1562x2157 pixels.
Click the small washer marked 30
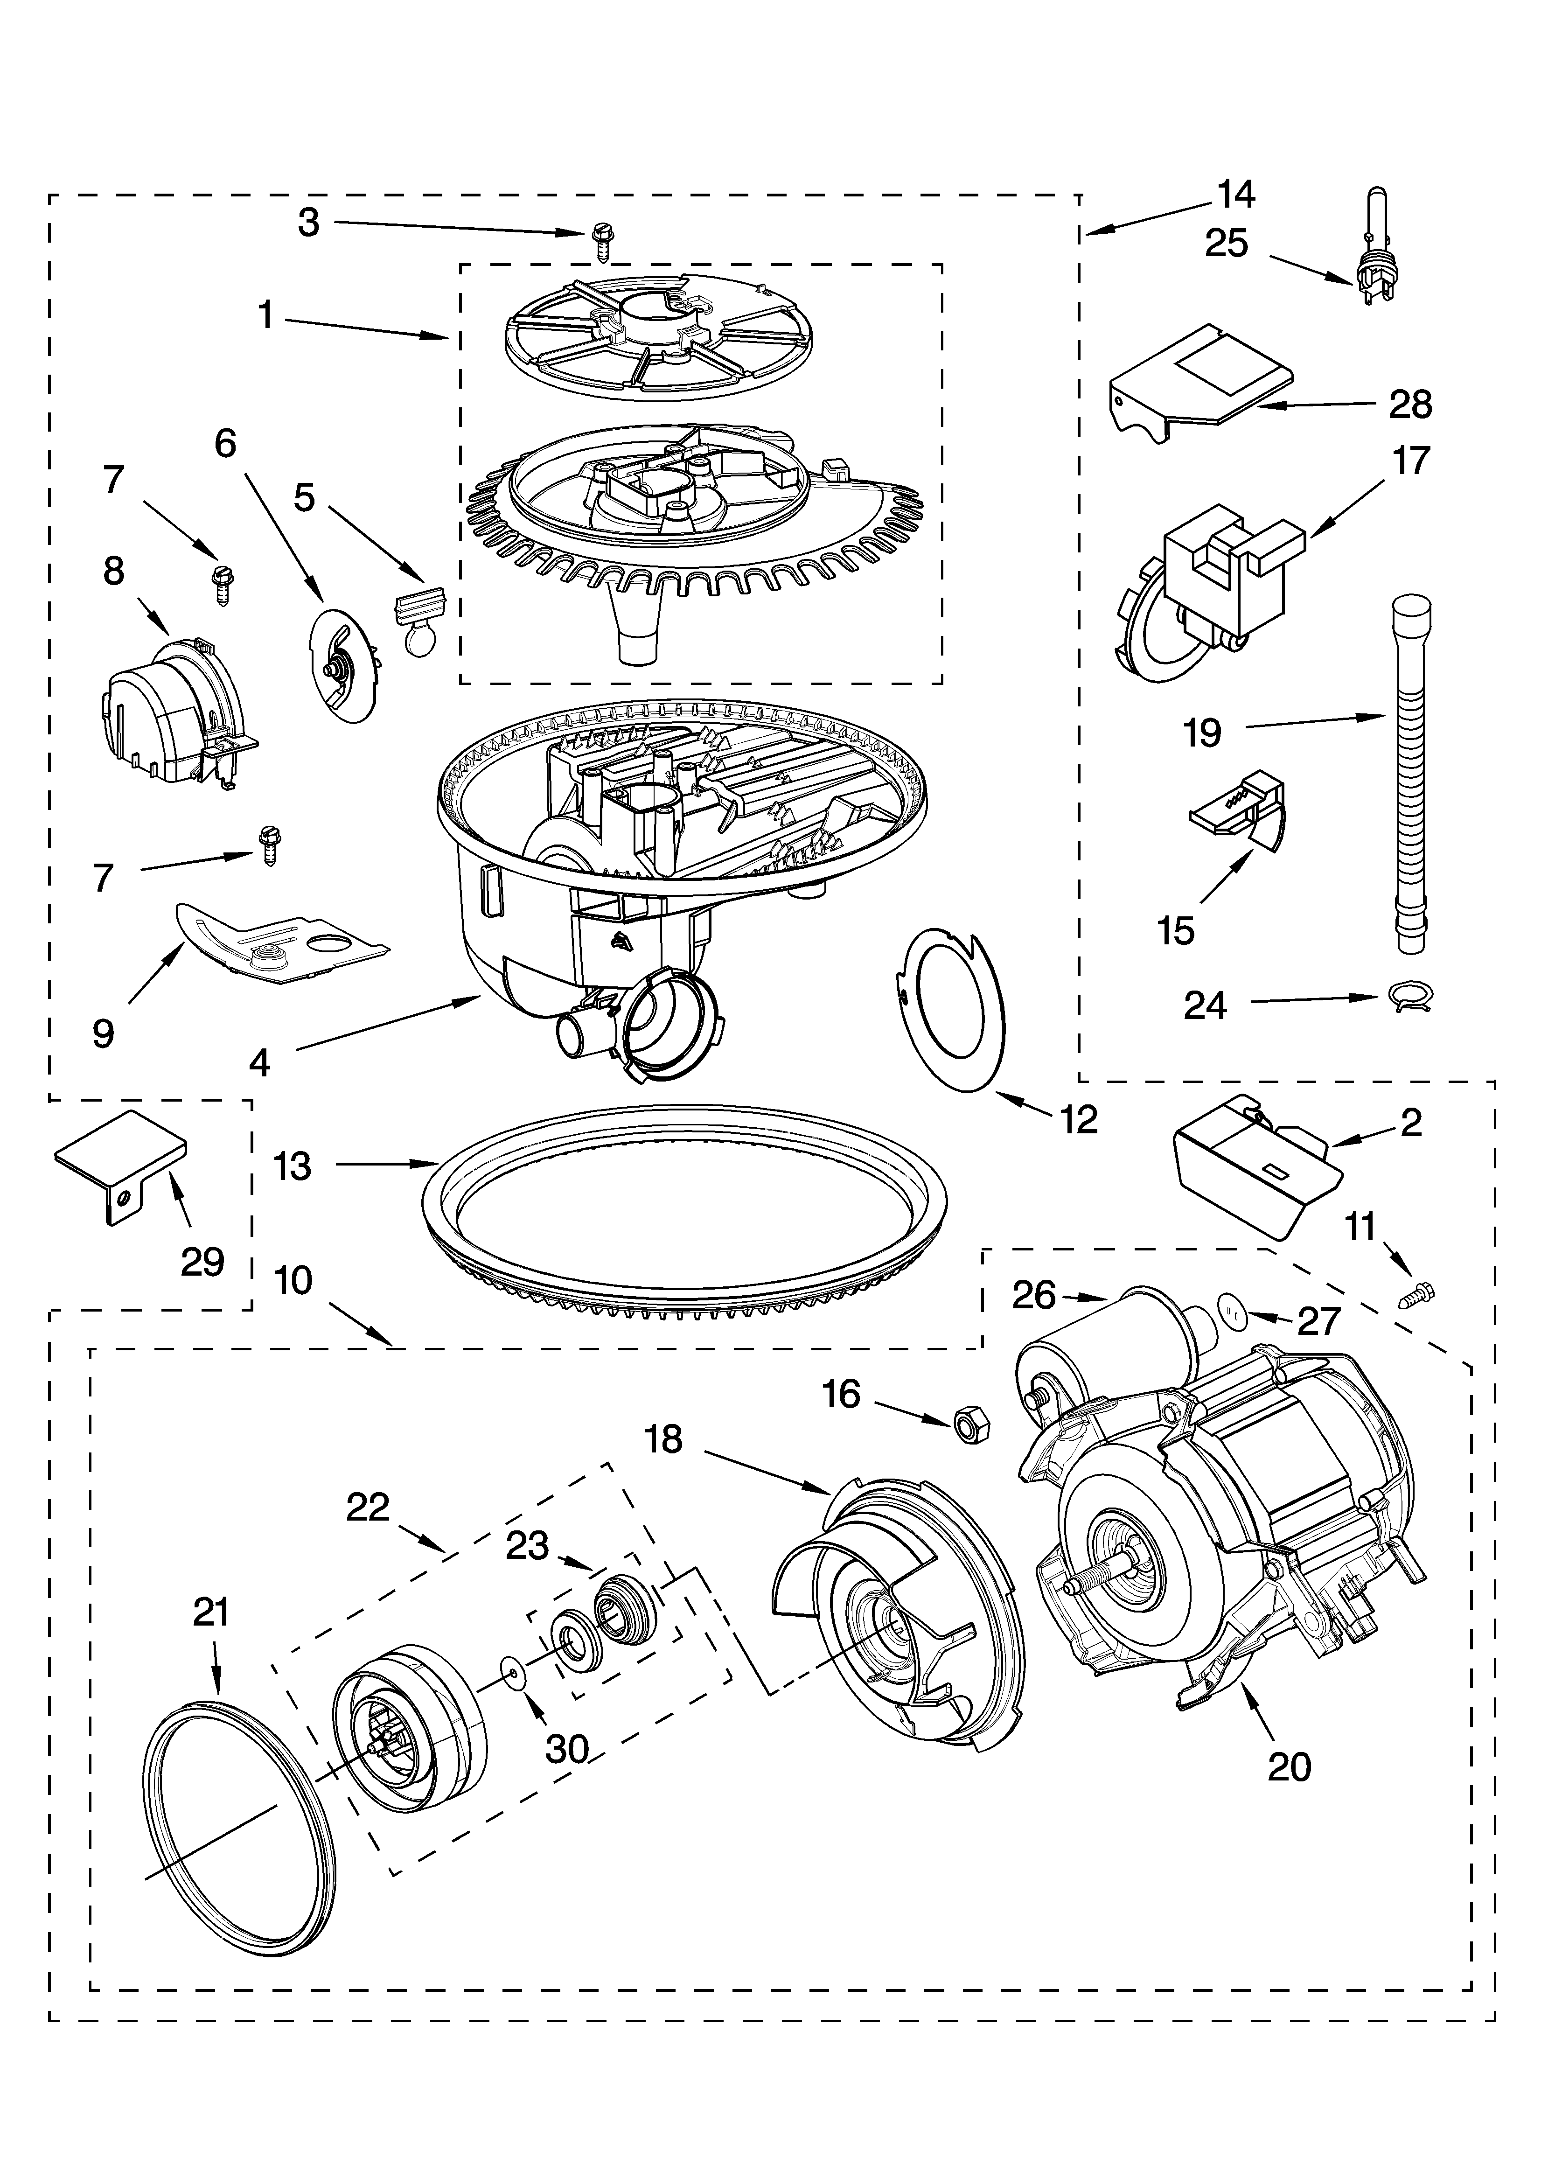pos(514,1671)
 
